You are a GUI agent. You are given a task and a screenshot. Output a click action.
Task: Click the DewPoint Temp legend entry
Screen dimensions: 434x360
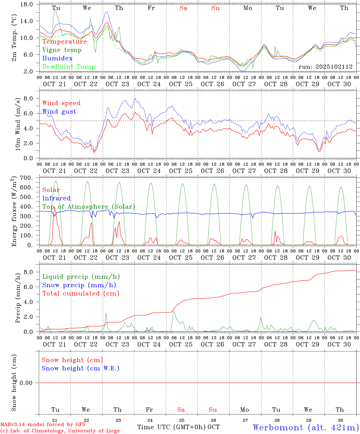pyautogui.click(x=69, y=67)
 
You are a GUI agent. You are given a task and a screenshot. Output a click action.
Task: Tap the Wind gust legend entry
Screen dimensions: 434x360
pyautogui.click(x=59, y=112)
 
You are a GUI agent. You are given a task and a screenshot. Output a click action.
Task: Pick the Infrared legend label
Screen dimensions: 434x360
pyautogui.click(x=56, y=198)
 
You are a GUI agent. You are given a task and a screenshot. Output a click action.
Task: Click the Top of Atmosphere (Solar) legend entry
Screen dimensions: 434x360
pyautogui.click(x=89, y=207)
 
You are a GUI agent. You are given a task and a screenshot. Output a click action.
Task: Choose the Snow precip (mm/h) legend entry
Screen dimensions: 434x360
pyautogui.click(x=79, y=285)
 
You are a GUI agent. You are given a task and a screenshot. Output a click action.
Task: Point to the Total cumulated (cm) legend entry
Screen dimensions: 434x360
pyautogui.click(x=81, y=293)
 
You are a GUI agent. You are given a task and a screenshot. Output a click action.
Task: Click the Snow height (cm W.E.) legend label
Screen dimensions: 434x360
pyautogui.click(x=81, y=368)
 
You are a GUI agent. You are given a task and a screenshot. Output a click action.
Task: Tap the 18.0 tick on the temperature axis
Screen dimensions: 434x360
pyautogui.click(x=28, y=4)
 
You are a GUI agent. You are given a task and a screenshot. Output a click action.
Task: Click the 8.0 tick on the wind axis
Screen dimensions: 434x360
pyautogui.click(x=30, y=98)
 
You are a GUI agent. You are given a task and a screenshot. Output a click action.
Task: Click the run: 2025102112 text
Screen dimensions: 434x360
pyautogui.click(x=326, y=67)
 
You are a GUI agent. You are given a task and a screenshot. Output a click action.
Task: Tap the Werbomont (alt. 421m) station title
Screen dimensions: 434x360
pyautogui.click(x=306, y=427)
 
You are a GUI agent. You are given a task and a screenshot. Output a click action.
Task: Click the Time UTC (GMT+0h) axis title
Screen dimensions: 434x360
pyautogui.click(x=172, y=427)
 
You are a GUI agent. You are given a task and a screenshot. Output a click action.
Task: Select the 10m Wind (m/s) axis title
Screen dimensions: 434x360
pyautogui.click(x=18, y=124)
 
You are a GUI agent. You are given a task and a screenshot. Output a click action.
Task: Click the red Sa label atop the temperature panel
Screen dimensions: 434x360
pyautogui.click(x=183, y=8)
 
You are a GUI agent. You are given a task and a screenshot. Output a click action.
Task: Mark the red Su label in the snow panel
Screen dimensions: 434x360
pyautogui.click(x=213, y=410)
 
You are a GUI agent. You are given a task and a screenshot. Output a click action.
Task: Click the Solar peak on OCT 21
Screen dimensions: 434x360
pyautogui.click(x=55, y=207)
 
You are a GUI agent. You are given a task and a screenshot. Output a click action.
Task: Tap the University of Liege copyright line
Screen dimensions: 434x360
pyautogui.click(x=60, y=431)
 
